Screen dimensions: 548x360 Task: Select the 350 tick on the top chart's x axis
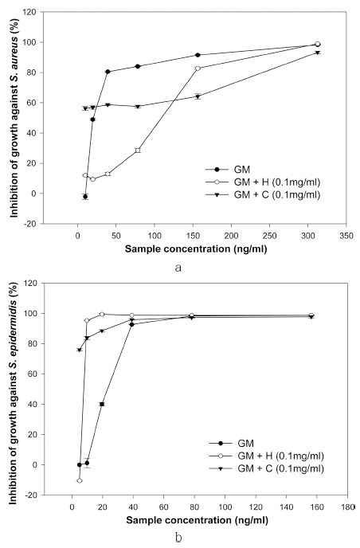click(344, 237)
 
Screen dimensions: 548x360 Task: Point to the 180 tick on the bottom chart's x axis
click(344, 505)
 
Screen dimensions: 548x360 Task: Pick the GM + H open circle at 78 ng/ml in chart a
click(138, 150)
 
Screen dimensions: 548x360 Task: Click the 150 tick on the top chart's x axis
click(193, 237)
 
